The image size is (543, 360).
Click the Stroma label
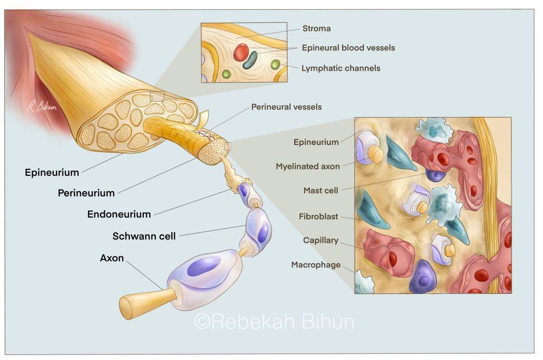point(316,28)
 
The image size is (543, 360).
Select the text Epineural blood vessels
point(348,48)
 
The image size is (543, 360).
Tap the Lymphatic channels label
point(340,68)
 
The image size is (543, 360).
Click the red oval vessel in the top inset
point(241,53)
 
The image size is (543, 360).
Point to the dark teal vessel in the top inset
point(251,60)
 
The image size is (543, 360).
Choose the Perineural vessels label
point(286,107)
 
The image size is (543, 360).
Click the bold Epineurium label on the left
point(52,173)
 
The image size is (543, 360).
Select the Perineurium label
point(86,193)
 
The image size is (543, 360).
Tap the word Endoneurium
point(119,214)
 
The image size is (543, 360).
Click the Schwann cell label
point(144,236)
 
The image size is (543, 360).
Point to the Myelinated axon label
point(307,166)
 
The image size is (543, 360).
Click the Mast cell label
point(320,191)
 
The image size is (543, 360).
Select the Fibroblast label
point(318,217)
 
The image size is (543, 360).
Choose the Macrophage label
point(316,265)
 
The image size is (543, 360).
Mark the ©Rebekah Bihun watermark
point(274,321)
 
